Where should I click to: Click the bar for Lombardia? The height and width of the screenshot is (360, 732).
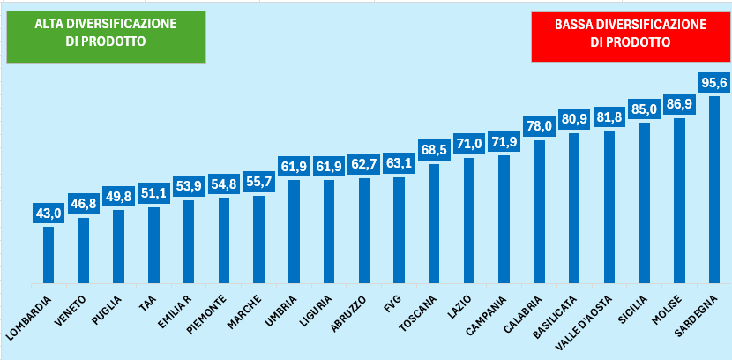coord(49,255)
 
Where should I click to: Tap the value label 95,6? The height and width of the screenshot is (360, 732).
coord(713,83)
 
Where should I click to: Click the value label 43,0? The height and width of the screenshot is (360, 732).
coord(49,214)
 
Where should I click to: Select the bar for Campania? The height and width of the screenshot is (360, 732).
coord(504,220)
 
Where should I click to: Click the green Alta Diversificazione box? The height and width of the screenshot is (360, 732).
coord(105,36)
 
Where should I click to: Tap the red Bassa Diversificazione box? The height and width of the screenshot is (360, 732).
coord(631,36)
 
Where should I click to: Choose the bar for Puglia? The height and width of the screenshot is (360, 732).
coord(118,247)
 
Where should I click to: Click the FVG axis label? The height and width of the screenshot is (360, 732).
coord(392,305)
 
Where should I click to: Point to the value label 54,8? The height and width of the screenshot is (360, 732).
coord(224,184)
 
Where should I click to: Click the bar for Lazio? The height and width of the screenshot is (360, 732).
coord(469,221)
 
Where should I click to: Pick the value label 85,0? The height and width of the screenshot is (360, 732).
coord(644,109)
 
